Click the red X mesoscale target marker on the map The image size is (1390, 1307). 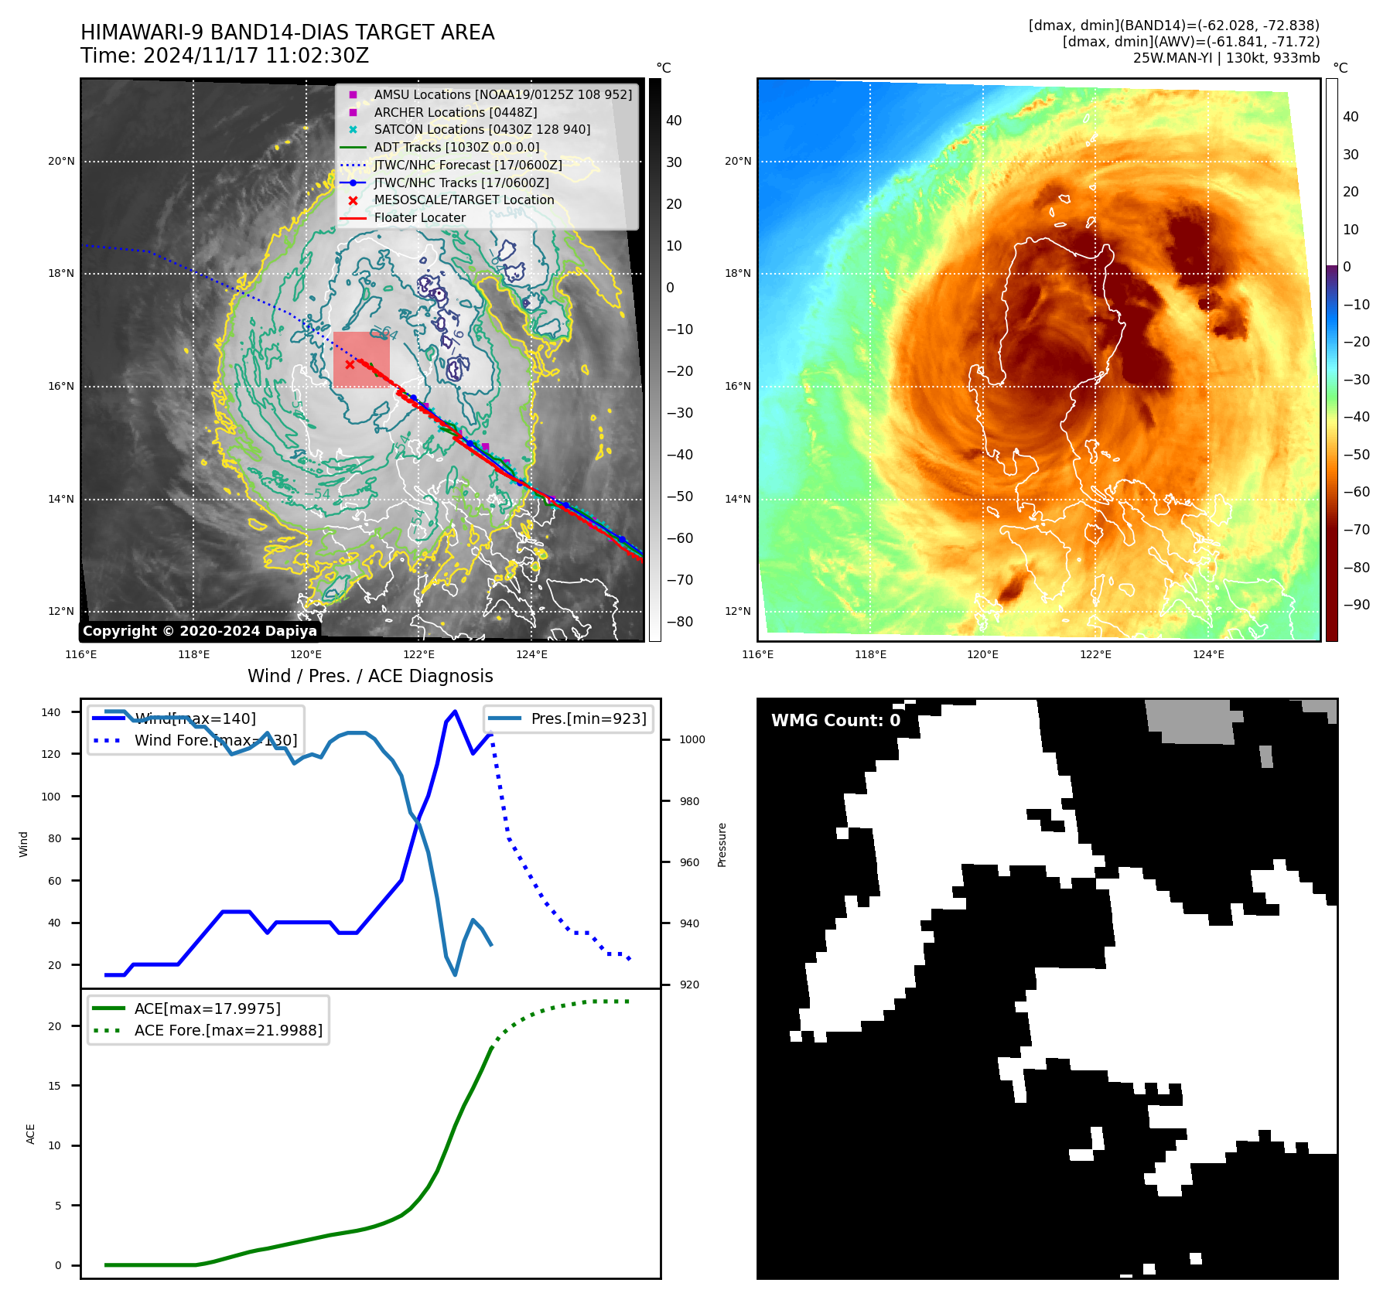tap(350, 364)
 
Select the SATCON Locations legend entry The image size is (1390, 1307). tap(481, 130)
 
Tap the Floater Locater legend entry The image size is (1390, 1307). tap(419, 218)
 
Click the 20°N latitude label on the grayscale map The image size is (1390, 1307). tap(61, 162)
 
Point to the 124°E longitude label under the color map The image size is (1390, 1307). tap(1208, 654)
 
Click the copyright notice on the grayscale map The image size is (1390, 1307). tap(200, 631)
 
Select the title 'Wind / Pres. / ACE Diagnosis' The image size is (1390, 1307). tap(370, 676)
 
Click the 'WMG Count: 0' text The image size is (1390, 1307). tap(835, 721)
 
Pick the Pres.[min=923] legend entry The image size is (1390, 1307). tap(588, 718)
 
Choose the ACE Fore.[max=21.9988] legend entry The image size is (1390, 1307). tap(228, 1030)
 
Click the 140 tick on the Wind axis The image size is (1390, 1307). tap(51, 712)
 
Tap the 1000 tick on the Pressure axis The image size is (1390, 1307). tap(692, 739)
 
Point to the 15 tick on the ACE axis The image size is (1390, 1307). tap(55, 1086)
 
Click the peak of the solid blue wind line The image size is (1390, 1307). tap(455, 712)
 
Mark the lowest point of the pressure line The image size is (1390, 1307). tap(455, 974)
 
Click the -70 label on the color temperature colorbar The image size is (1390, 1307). tap(1356, 530)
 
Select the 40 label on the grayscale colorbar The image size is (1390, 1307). tap(674, 121)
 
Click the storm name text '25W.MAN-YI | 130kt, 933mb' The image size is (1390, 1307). tap(1226, 58)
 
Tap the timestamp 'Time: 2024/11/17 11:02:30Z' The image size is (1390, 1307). tap(224, 56)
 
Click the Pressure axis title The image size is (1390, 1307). tap(722, 845)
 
